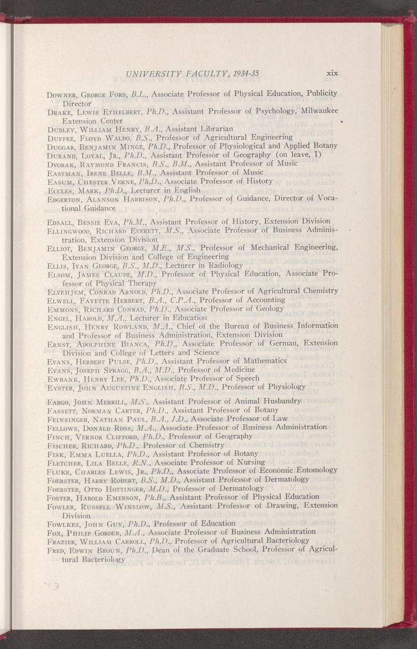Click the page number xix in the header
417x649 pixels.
coord(333,73)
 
